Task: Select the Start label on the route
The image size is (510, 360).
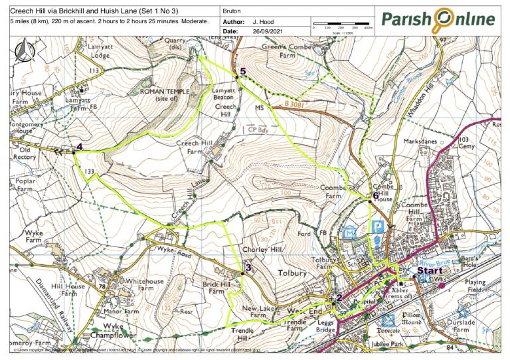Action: [x=429, y=271]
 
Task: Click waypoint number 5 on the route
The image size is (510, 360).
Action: [x=243, y=71]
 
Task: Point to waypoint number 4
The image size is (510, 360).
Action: [x=79, y=147]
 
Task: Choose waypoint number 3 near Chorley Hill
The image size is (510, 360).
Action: [x=248, y=268]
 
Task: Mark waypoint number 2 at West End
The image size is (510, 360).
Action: [x=339, y=298]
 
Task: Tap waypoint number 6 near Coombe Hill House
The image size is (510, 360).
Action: [x=376, y=196]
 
